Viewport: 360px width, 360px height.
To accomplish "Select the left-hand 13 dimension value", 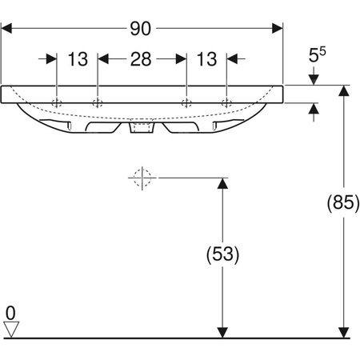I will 78,58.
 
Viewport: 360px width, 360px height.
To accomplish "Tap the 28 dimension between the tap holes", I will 142,58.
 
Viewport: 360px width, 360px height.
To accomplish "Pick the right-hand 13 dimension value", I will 206,58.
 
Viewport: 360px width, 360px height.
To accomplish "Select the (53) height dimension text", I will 223,255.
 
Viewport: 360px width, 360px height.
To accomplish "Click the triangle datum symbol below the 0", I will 10,329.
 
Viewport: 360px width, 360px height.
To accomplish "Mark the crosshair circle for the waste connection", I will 142,178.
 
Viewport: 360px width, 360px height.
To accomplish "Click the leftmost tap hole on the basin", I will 58,102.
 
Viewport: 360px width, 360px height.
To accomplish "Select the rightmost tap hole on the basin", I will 226,102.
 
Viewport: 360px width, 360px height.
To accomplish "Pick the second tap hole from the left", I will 97,102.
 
